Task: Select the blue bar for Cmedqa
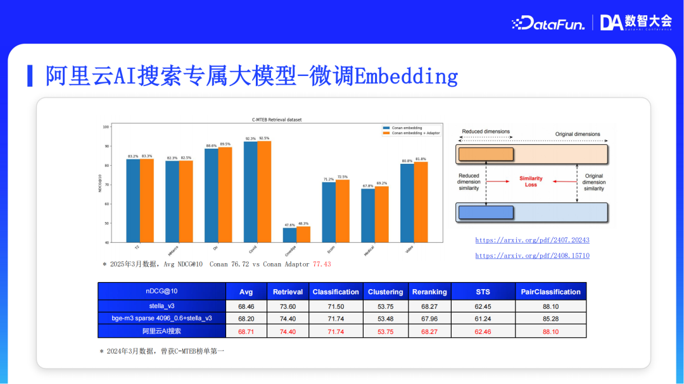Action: [289, 235]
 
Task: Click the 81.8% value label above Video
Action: [421, 159]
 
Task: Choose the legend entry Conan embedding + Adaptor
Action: [415, 133]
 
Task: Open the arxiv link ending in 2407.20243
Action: [532, 240]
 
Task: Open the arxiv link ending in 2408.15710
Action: [532, 256]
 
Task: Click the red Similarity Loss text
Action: [531, 182]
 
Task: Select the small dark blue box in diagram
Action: [485, 213]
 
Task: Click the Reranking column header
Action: [429, 292]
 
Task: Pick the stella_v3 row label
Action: [161, 306]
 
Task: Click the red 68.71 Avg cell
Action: [246, 331]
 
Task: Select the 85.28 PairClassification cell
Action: [550, 318]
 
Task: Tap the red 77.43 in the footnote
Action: [322, 264]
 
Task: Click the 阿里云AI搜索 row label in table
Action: [161, 331]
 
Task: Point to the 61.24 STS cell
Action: [482, 318]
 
